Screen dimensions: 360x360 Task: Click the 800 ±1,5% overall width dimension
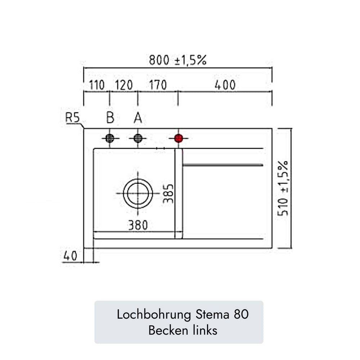(x=178, y=60)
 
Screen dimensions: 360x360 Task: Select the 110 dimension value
(x=96, y=85)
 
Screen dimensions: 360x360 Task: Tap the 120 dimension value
(x=124, y=85)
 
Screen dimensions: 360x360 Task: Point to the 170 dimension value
(x=158, y=85)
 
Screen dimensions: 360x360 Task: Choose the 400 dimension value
(x=225, y=85)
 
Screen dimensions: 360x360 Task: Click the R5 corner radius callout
(x=73, y=118)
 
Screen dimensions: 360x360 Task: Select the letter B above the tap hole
(x=110, y=118)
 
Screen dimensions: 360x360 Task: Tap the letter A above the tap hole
(x=138, y=118)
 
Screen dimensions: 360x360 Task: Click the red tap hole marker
(x=179, y=139)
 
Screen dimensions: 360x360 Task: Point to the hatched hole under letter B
(x=110, y=139)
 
